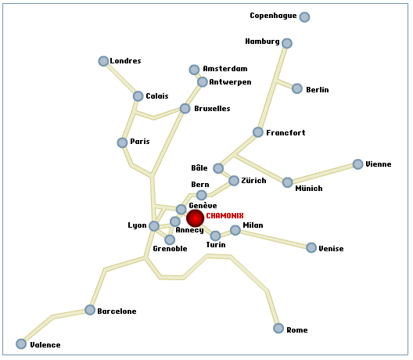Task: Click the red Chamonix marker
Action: [196, 218]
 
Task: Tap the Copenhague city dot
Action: [304, 17]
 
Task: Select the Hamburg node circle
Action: [287, 43]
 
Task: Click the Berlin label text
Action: [318, 90]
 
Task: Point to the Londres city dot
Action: [103, 61]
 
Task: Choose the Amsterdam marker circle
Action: [194, 70]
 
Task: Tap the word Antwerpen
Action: [230, 82]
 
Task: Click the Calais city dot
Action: [138, 96]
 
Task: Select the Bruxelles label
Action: [212, 109]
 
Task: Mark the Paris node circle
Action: [122, 143]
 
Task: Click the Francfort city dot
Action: [258, 132]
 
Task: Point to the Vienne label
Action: [379, 164]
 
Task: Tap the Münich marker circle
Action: [287, 182]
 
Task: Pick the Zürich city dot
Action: [234, 181]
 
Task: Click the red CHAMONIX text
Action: [224, 216]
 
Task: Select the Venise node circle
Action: [311, 248]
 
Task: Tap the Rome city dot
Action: [278, 329]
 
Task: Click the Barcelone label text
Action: [117, 311]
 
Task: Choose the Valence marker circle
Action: [21, 344]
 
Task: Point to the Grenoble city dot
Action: [170, 239]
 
